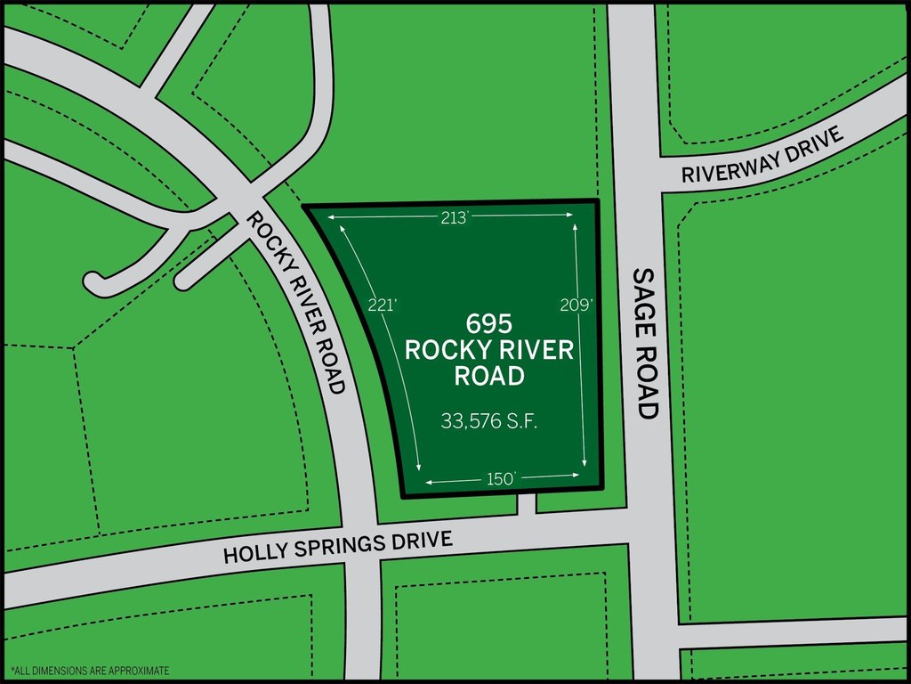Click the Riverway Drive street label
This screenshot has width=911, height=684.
[x=761, y=155]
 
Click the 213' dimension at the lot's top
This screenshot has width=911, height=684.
[x=454, y=217]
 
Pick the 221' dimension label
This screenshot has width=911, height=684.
[x=382, y=305]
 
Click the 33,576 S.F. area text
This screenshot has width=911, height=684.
[x=489, y=420]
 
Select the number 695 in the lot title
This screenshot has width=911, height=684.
[x=489, y=323]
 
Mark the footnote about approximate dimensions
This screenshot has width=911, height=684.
[x=89, y=670]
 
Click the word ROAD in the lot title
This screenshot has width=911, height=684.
[x=489, y=377]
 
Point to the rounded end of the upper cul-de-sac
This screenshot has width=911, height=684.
[x=93, y=281]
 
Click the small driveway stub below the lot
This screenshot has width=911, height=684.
[x=527, y=505]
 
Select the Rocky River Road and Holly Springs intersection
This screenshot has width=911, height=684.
[x=362, y=545]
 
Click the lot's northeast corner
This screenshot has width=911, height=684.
[x=596, y=201]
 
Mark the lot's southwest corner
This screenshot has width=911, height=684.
[x=403, y=495]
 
